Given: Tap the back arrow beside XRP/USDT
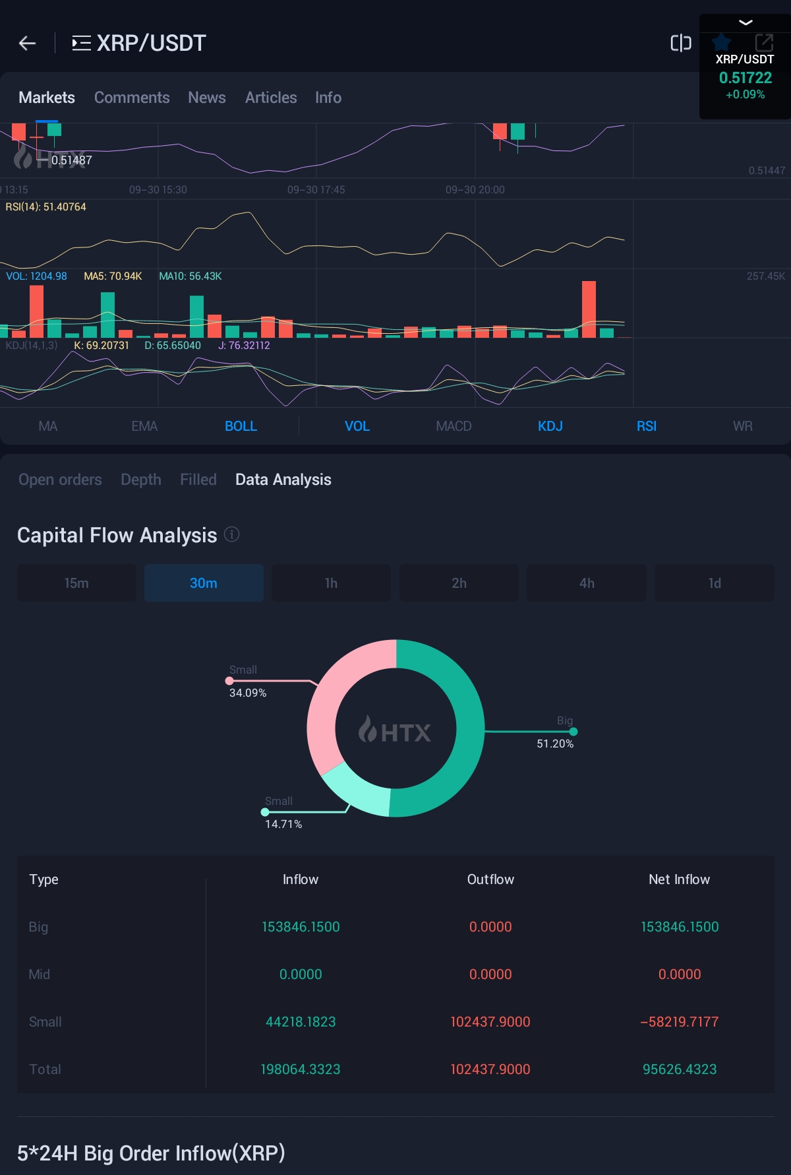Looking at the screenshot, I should click(x=27, y=44).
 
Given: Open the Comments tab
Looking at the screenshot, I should click(x=132, y=98).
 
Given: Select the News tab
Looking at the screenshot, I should click(x=207, y=98).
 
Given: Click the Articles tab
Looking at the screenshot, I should click(x=271, y=98).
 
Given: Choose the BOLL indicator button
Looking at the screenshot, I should click(x=241, y=426).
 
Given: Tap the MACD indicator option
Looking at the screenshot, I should click(x=454, y=426).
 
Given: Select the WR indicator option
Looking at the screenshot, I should click(x=742, y=426).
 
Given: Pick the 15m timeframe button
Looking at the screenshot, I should click(x=76, y=583).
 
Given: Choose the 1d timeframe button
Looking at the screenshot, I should click(x=715, y=583).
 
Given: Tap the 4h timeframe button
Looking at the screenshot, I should click(x=587, y=583).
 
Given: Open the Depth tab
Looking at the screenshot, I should click(x=141, y=480).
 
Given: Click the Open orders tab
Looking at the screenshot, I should click(x=60, y=480).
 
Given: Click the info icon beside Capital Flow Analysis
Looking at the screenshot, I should click(x=232, y=534).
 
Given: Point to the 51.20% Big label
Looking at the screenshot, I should click(x=555, y=744).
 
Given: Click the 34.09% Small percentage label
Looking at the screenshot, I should click(x=248, y=693).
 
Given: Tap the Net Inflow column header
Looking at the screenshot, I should click(x=679, y=879).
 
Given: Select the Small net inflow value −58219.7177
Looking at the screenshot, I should click(x=679, y=1022).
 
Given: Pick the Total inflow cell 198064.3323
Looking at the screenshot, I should click(x=301, y=1069).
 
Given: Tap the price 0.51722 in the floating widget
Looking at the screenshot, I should click(x=745, y=78).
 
